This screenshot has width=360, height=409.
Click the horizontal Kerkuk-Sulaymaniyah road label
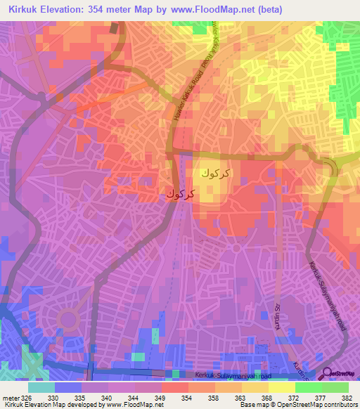point(229,377)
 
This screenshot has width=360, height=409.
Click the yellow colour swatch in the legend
point(281,387)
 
